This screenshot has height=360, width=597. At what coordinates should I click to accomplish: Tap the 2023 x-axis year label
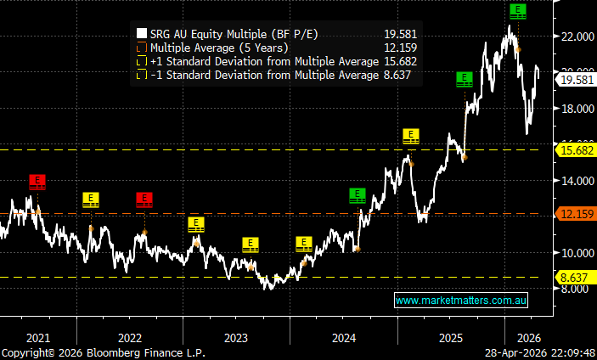(x=236, y=338)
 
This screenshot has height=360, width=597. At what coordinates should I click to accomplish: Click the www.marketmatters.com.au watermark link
(x=462, y=301)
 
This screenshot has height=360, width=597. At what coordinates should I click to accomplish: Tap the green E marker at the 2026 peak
(x=517, y=11)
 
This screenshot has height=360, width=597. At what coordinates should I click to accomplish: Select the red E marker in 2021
(x=37, y=181)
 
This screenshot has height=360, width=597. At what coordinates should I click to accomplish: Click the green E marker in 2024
(x=358, y=194)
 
